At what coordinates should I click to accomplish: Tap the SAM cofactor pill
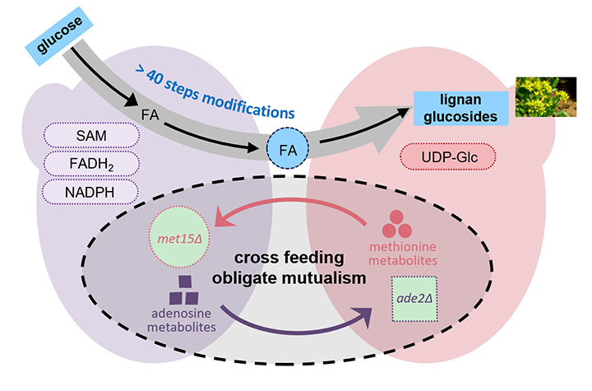tap(79, 135)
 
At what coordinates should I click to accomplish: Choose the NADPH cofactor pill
tap(79, 192)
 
